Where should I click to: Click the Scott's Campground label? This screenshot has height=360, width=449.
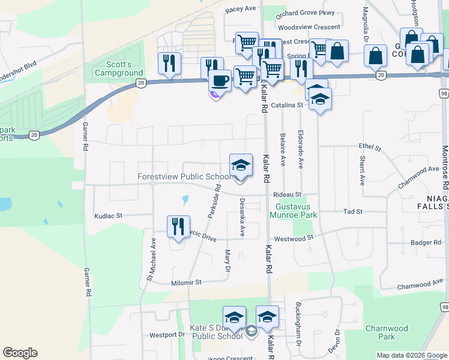pyautogui.click(x=119, y=68)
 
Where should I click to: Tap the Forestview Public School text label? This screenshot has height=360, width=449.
pyautogui.click(x=184, y=177)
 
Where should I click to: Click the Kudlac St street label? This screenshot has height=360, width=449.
pyautogui.click(x=108, y=215)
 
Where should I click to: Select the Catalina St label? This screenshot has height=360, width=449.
pyautogui.click(x=288, y=105)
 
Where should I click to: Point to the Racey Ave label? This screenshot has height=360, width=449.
pyautogui.click(x=240, y=10)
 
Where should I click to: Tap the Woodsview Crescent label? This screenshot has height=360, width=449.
pyautogui.click(x=310, y=28)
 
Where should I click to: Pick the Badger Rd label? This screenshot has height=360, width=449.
pyautogui.click(x=426, y=242)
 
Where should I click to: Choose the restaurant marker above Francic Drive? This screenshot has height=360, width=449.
pyautogui.click(x=179, y=226)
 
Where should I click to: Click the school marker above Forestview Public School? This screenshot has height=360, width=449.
pyautogui.click(x=241, y=164)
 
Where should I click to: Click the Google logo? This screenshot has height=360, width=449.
pyautogui.click(x=20, y=353)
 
